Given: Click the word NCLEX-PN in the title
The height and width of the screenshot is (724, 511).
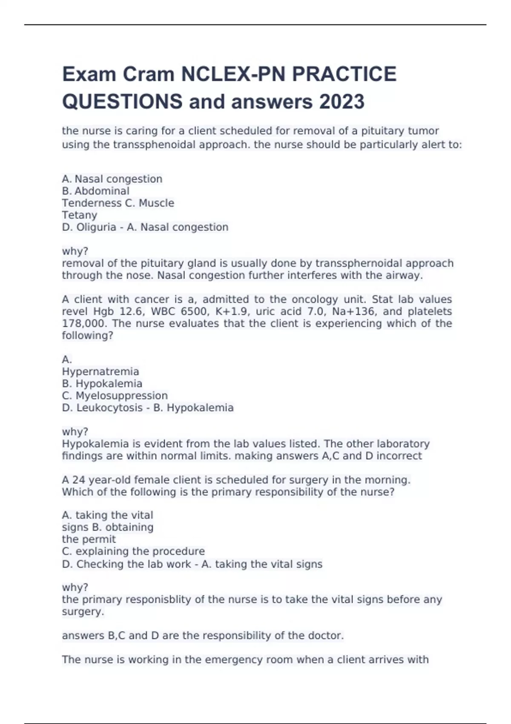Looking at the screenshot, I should (234, 74).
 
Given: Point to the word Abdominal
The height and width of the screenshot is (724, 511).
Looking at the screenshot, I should (102, 191).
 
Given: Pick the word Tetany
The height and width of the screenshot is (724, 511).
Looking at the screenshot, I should (80, 215).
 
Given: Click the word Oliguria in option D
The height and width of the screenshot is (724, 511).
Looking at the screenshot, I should (96, 227).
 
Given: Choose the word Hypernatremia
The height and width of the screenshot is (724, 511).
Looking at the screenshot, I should (100, 371).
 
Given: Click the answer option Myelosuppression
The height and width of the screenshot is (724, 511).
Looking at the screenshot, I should (121, 396).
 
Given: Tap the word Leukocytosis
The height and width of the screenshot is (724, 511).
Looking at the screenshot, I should (109, 408).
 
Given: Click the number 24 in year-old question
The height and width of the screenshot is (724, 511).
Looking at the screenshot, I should (79, 480).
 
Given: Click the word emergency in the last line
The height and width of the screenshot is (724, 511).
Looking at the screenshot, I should (232, 660).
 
